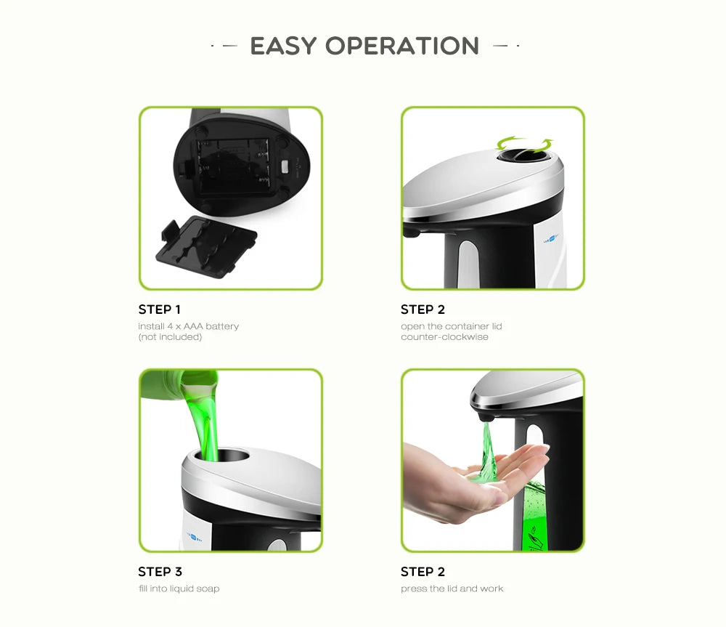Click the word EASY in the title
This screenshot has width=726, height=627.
pyautogui.click(x=284, y=46)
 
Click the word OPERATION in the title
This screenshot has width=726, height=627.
pyautogui.click(x=402, y=46)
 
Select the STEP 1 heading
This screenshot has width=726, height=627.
pyautogui.click(x=160, y=310)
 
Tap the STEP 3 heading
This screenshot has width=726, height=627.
pyautogui.click(x=160, y=572)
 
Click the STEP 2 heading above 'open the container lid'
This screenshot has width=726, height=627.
pyautogui.click(x=422, y=310)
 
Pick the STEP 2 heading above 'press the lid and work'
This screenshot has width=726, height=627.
pyautogui.click(x=422, y=572)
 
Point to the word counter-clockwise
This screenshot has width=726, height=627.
pyautogui.click(x=444, y=337)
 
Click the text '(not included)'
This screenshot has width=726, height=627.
pyautogui.click(x=170, y=337)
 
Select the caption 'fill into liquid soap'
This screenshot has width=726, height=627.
pyautogui.click(x=179, y=588)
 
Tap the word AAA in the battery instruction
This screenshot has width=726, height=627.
pyautogui.click(x=192, y=326)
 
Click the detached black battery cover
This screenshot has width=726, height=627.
pyautogui.click(x=206, y=248)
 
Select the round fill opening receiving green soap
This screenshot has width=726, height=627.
pyautogui.click(x=219, y=456)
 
